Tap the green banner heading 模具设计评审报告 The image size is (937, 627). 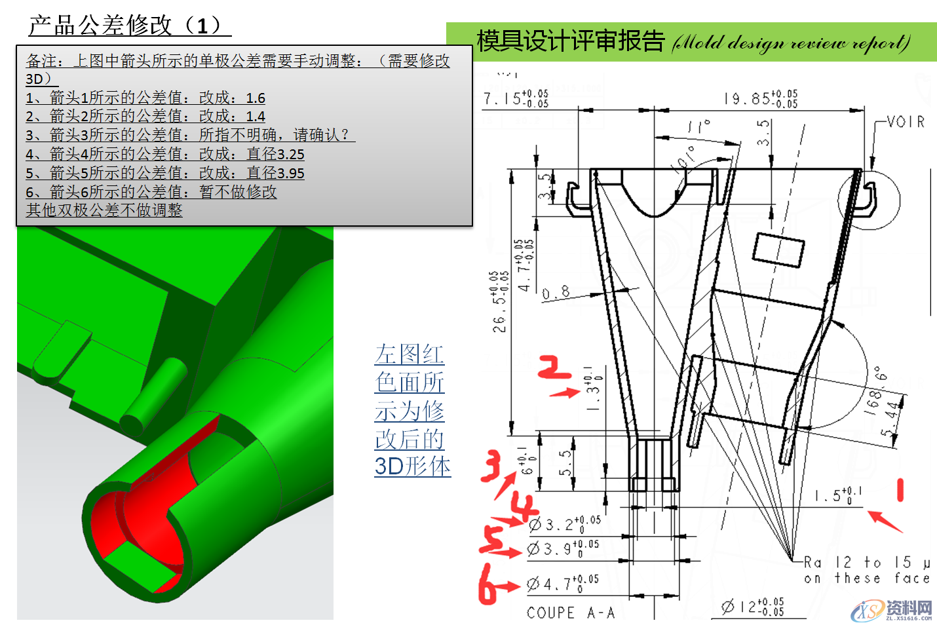(x=570, y=41)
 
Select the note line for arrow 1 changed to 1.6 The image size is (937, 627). (x=145, y=98)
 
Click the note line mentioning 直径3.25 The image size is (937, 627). (x=165, y=154)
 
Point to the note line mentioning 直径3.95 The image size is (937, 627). (x=165, y=173)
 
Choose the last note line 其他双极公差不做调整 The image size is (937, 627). (x=104, y=210)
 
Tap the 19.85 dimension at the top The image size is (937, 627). (x=760, y=98)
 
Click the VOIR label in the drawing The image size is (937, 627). (x=906, y=122)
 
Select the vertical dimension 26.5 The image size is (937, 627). (x=499, y=301)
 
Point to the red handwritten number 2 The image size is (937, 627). (x=554, y=368)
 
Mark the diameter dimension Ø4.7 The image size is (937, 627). (x=562, y=583)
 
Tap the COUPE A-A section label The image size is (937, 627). (x=571, y=613)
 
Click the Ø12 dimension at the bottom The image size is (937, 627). (x=752, y=607)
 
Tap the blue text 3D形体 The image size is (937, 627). (x=412, y=466)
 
